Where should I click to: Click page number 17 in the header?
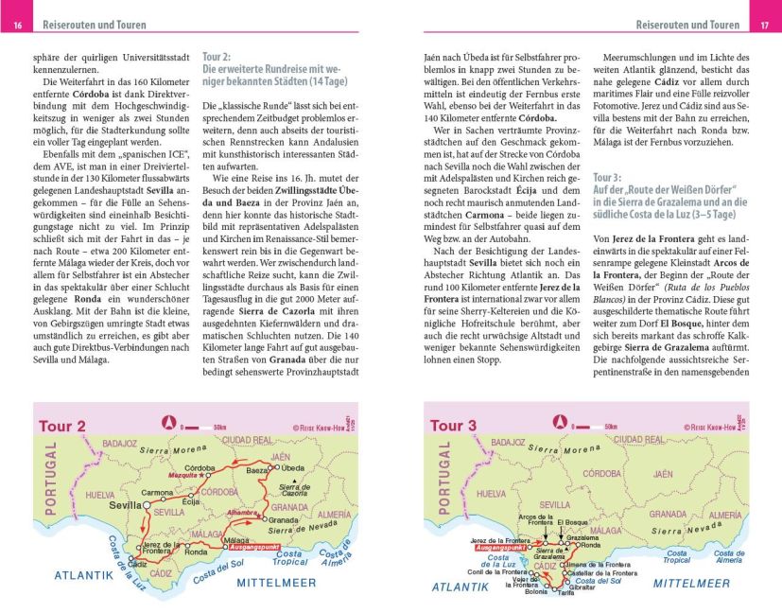pos(764,25)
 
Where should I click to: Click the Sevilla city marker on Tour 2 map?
pos(148,506)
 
